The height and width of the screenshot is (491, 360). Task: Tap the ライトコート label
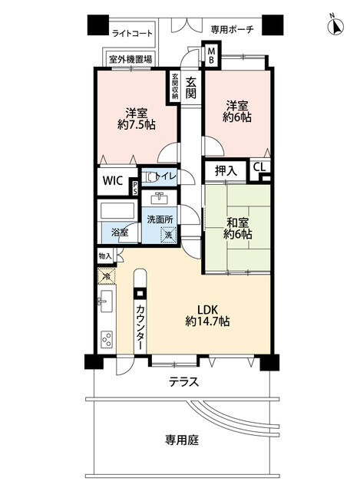point(131,33)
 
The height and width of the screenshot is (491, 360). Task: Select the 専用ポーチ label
point(232,30)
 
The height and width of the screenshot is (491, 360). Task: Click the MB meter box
point(212,56)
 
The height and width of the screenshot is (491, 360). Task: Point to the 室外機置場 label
point(129,59)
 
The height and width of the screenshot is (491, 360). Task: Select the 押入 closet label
point(224,170)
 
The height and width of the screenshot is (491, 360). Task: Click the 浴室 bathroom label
point(119,231)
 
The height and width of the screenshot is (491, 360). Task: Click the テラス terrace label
point(183,382)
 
